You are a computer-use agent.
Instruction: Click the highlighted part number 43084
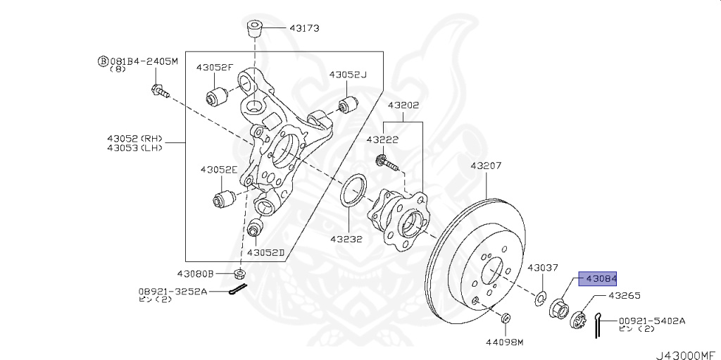pos(598,278)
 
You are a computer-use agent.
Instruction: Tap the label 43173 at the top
pos(303,29)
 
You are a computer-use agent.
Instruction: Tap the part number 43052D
pos(265,252)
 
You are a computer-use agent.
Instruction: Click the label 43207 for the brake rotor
pos(486,166)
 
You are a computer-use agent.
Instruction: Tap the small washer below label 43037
pos(541,297)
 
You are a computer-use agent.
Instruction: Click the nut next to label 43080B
pos(239,273)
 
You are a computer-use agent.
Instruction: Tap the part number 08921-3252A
pos(173,290)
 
